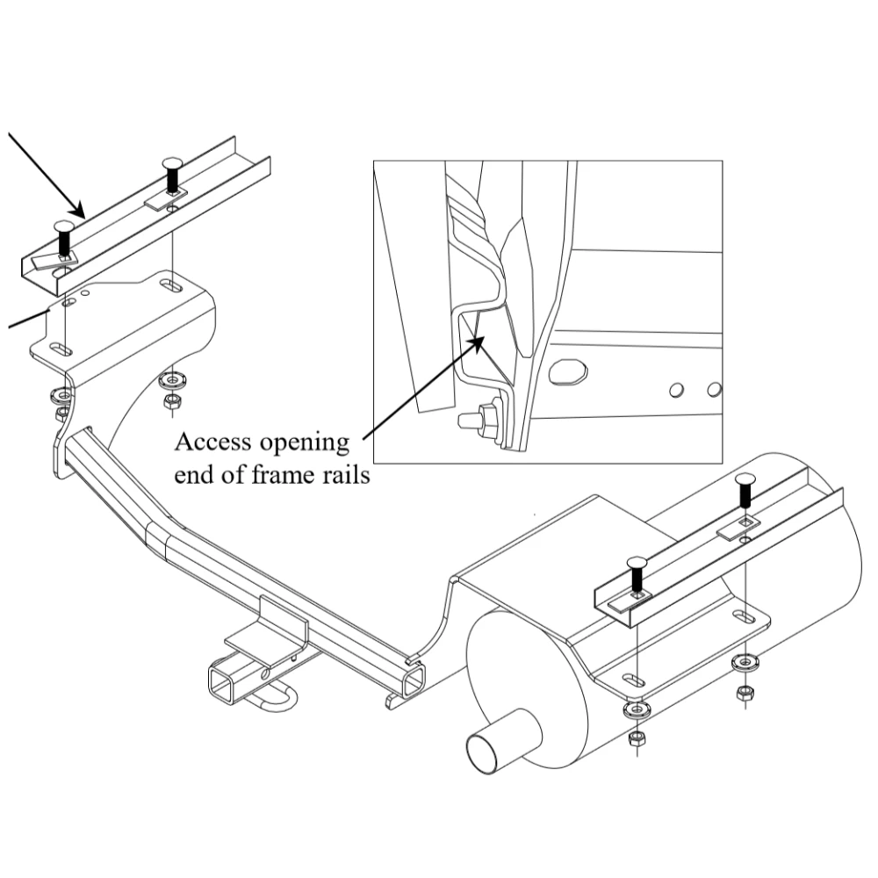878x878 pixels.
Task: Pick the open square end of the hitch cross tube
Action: (x=411, y=680)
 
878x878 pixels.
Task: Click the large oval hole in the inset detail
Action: (x=567, y=371)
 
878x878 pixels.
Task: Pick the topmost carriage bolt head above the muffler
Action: (x=744, y=479)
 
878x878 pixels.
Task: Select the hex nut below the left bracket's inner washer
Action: (x=171, y=402)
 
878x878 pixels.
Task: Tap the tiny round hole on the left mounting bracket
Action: (x=86, y=294)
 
